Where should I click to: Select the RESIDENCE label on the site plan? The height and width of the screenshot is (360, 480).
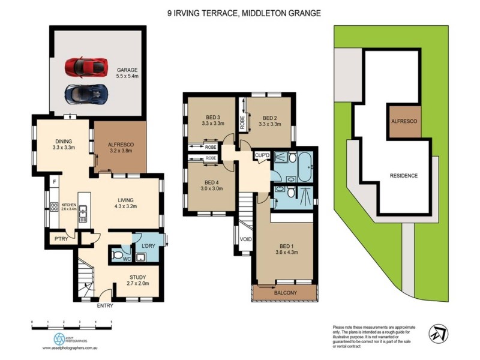pos(404,176)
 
